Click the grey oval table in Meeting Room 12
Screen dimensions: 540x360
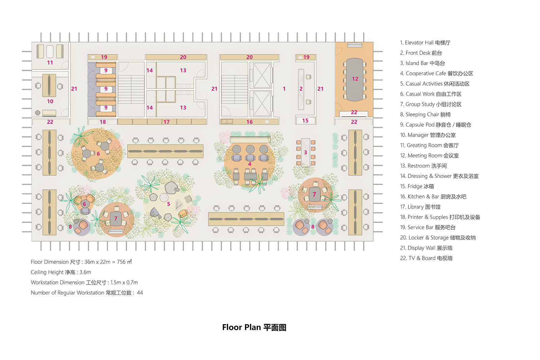coord(354,80)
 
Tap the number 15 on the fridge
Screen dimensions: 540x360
coord(305,120)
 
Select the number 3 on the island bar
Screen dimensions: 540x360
coord(305,153)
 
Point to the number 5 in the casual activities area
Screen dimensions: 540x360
coord(168,204)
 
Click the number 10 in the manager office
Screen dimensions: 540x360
coord(50,102)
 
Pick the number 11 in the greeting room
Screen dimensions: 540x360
coord(50,63)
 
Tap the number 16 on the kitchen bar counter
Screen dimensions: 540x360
coord(249,122)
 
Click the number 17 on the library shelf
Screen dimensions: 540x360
coord(167,122)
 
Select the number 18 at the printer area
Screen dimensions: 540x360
coord(103,122)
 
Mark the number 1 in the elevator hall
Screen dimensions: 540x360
coord(284,89)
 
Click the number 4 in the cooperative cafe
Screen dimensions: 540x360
coord(250,164)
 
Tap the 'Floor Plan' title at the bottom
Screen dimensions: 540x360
coord(242,328)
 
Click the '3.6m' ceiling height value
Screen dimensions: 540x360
coord(85,272)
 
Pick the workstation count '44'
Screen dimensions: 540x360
coord(140,293)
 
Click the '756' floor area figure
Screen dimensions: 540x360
coord(121,262)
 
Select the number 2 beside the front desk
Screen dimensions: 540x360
coord(301,89)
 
